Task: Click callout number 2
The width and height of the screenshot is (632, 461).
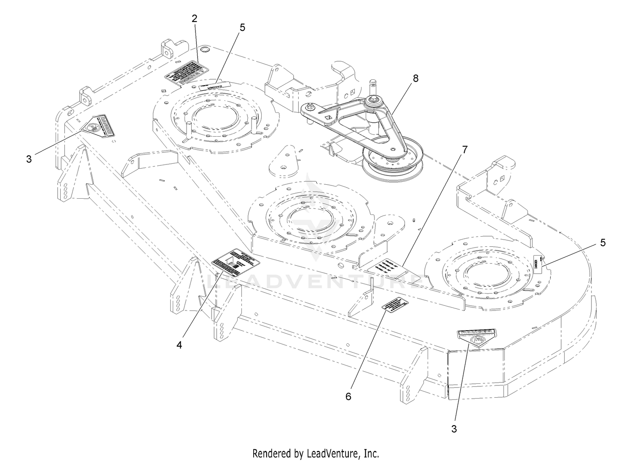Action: tap(194, 19)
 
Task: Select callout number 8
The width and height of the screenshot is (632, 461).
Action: tap(416, 78)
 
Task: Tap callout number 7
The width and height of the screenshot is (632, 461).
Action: tap(465, 149)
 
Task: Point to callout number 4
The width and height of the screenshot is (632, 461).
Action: tap(179, 345)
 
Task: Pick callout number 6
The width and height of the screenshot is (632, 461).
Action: tap(348, 396)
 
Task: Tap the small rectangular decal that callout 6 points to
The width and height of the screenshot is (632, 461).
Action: tap(395, 305)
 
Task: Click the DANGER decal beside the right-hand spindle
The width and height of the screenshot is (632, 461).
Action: tap(537, 264)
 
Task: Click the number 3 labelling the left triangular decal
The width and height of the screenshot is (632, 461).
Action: tap(29, 159)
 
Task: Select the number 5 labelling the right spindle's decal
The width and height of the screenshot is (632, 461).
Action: tap(603, 243)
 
